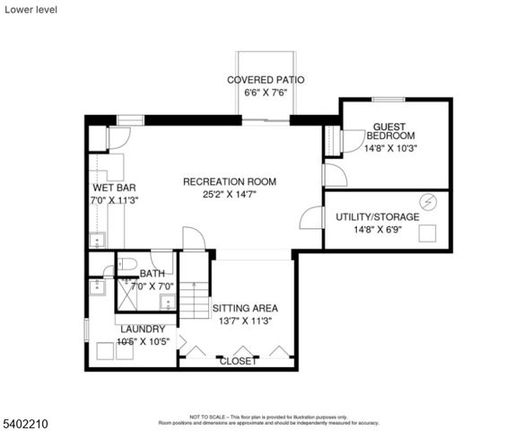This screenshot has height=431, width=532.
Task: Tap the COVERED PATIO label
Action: (x=266, y=80)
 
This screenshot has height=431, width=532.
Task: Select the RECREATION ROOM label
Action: (x=230, y=181)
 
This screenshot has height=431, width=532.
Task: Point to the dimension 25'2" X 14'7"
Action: (x=230, y=195)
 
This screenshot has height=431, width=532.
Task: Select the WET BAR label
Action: (x=114, y=188)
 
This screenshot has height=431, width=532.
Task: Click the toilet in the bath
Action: (x=126, y=265)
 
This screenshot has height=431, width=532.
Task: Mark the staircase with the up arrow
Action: (x=195, y=301)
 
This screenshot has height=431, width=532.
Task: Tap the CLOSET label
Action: (x=238, y=361)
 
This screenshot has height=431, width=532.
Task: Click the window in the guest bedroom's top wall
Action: (x=387, y=100)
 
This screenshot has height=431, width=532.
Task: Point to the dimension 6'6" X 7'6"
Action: (x=266, y=92)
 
